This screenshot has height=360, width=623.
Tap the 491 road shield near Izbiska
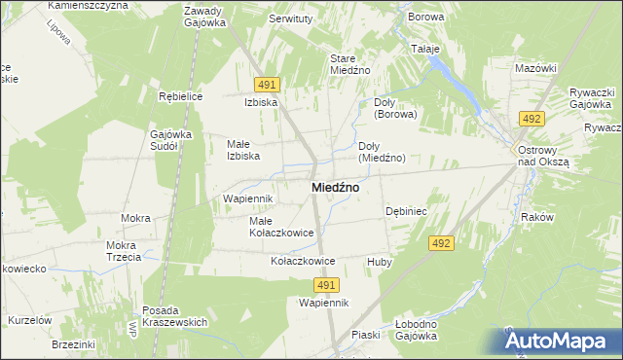pyautogui.click(x=269, y=85)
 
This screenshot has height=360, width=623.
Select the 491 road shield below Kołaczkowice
pyautogui.click(x=326, y=284)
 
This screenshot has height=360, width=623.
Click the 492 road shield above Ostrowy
pyautogui.click(x=531, y=119)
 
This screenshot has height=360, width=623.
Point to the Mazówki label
pyautogui.click(x=535, y=68)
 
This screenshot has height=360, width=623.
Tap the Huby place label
pyautogui.click(x=379, y=262)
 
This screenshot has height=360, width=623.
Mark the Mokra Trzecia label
pyautogui.click(x=125, y=251)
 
